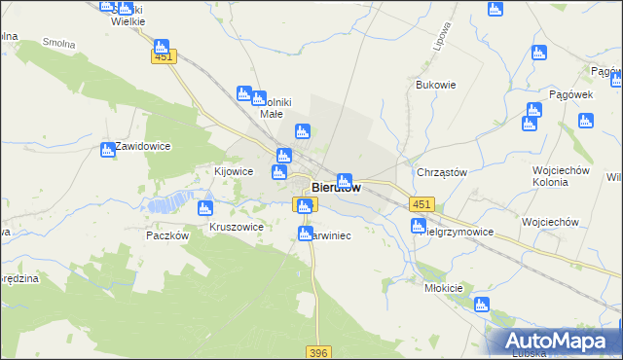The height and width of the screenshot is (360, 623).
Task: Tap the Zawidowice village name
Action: tap(143, 146)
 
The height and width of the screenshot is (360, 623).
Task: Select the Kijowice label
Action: tap(234, 171)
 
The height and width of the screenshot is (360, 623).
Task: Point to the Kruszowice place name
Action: tap(237, 227)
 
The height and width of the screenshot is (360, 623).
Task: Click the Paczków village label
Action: tap(165, 235)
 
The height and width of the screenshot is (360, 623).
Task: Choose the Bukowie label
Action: tap(435, 85)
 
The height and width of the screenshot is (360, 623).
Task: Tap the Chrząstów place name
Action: tap(442, 172)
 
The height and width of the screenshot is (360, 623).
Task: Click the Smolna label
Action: tap(59, 44)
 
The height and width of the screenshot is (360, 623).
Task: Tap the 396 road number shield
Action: tap(317, 352)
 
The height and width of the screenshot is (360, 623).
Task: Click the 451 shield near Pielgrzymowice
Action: tap(421, 203)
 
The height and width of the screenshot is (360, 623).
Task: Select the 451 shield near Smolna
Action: tap(163, 57)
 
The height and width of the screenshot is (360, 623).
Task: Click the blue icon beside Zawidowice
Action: tap(108, 150)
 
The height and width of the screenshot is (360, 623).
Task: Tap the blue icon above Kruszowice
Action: tap(204, 207)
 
